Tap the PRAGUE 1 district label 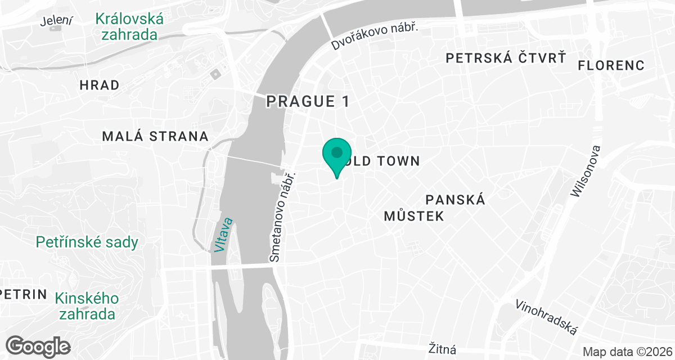pyautogui.click(x=308, y=101)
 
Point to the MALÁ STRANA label pyautogui.click(x=155, y=136)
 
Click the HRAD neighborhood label pyautogui.click(x=100, y=85)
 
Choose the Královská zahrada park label pyautogui.click(x=129, y=27)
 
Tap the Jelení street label pyautogui.click(x=57, y=21)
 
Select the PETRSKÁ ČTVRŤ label pyautogui.click(x=505, y=57)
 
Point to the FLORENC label pyautogui.click(x=611, y=65)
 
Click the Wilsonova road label pyautogui.click(x=586, y=172)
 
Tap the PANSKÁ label pyautogui.click(x=455, y=200)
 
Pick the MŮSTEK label pyautogui.click(x=414, y=216)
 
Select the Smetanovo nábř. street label pyautogui.click(x=283, y=217)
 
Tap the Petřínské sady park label pyautogui.click(x=87, y=242)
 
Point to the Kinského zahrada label pyautogui.click(x=87, y=305)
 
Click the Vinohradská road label pyautogui.click(x=547, y=317)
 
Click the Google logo pyautogui.click(x=39, y=345)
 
